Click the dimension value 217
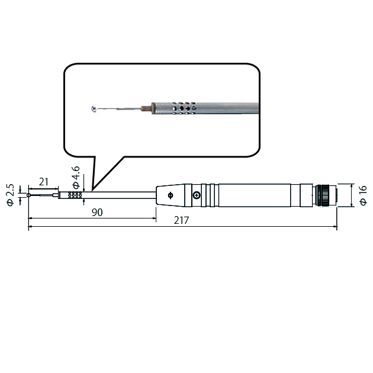pyautogui.click(x=181, y=220)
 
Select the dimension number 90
pyautogui.click(x=97, y=213)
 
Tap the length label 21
pyautogui.click(x=44, y=182)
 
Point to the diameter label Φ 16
pyautogui.click(x=364, y=195)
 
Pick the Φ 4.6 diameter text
pyautogui.click(x=76, y=177)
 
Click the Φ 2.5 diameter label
pyautogui.click(x=11, y=195)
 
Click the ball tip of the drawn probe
pyautogui.click(x=29, y=195)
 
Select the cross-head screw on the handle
pyautogui.click(x=197, y=195)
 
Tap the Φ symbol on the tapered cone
pyautogui.click(x=171, y=195)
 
